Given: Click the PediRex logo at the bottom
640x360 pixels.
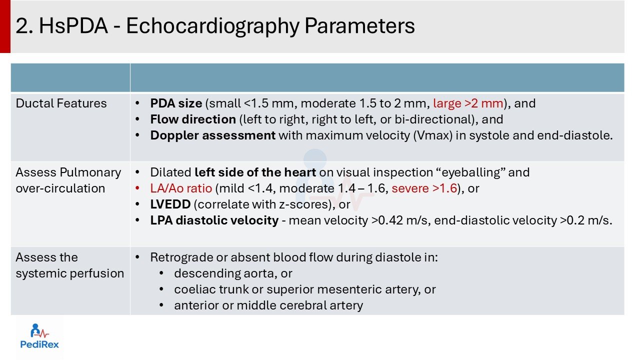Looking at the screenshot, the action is (x=39, y=336).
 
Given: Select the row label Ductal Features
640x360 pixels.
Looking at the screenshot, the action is (x=61, y=103).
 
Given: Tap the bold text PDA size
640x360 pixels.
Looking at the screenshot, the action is (x=176, y=103).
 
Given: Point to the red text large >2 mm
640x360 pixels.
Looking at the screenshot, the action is (x=468, y=103).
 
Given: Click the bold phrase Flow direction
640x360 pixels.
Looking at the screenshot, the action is (x=193, y=119).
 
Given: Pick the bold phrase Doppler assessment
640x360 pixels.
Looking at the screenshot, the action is (x=213, y=135).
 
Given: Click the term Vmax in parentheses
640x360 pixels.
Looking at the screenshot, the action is (x=433, y=135).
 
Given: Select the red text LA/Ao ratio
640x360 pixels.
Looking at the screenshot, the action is (x=181, y=188).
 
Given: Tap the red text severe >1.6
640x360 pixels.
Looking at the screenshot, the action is (x=424, y=188).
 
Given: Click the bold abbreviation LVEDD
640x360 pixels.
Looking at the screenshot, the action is (x=170, y=204).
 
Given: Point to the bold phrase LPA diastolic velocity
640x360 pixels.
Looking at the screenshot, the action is (x=214, y=220).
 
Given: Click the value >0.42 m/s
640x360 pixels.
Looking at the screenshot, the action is (x=400, y=220).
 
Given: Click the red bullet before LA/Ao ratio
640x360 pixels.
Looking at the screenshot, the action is (x=137, y=188).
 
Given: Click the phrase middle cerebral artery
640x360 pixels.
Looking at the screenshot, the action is (x=299, y=305).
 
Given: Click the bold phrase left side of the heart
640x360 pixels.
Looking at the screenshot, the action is (x=255, y=172).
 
